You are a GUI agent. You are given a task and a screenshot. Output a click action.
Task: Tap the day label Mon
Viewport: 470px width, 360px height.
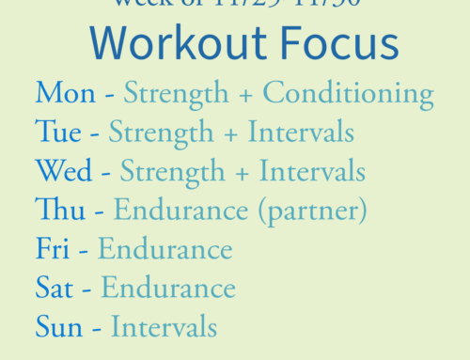click(65, 94)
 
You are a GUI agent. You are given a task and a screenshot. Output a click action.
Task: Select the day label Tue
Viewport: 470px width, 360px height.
click(58, 133)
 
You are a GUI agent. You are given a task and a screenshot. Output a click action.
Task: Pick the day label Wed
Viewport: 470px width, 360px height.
click(64, 172)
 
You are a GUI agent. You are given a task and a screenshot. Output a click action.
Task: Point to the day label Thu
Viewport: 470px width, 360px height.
click(58, 211)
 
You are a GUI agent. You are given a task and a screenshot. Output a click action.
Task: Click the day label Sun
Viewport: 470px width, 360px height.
click(58, 327)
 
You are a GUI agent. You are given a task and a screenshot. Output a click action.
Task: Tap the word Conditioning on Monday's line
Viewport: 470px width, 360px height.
click(348, 94)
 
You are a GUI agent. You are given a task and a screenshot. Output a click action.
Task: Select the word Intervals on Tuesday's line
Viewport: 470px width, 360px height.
click(301, 133)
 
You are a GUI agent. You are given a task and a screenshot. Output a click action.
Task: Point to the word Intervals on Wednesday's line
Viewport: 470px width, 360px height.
click(312, 172)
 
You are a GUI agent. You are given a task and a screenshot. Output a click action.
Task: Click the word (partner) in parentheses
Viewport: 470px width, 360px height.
click(312, 211)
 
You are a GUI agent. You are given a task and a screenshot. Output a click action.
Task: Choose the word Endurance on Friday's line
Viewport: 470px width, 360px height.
click(164, 249)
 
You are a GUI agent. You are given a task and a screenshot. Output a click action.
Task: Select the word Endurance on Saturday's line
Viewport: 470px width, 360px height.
click(168, 288)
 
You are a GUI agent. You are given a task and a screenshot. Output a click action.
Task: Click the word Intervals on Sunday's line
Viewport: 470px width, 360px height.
click(164, 327)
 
